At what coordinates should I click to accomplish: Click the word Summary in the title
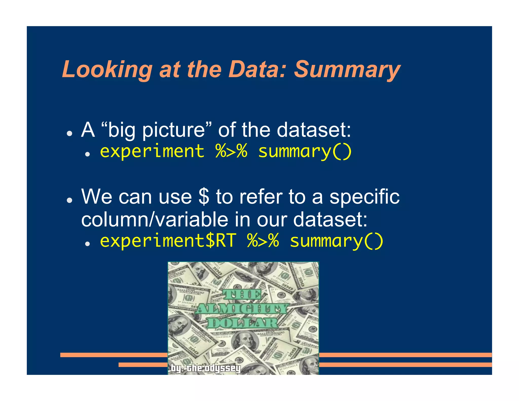pyautogui.click(x=347, y=70)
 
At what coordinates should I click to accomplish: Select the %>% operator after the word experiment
pyautogui.click(x=231, y=151)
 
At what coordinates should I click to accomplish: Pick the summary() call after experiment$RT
pyautogui.click(x=337, y=241)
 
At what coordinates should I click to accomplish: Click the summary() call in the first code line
pyautogui.click(x=305, y=152)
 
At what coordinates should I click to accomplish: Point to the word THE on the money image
pyautogui.click(x=242, y=295)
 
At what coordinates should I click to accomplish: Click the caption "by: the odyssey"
pyautogui.click(x=205, y=368)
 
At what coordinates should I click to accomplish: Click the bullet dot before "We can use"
pyautogui.click(x=69, y=200)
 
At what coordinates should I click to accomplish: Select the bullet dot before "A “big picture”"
pyautogui.click(x=69, y=134)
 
